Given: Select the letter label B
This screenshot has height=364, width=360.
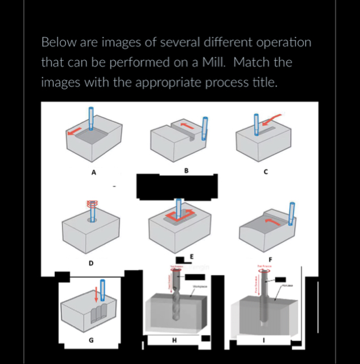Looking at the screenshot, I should tap(186, 170).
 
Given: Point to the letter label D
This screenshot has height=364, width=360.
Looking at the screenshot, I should tap(91, 263).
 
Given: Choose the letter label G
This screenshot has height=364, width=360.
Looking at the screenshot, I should tap(91, 340).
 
